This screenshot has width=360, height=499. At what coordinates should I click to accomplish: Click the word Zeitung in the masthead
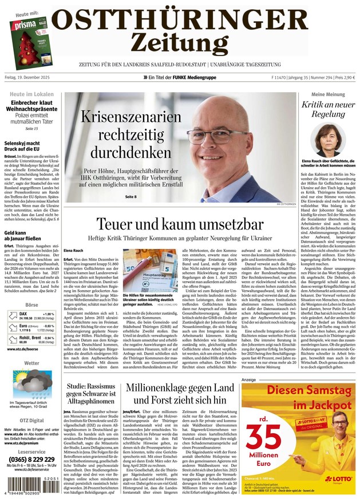click(179, 42)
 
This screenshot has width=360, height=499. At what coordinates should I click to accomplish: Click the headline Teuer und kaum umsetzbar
click(180, 224)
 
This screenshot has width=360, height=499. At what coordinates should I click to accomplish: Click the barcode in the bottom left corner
click(29, 487)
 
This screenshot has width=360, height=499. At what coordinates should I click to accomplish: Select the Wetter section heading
click(32, 363)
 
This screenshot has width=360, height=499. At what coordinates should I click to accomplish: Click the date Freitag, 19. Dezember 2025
click(34, 77)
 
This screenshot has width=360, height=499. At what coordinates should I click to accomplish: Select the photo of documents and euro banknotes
click(148, 271)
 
